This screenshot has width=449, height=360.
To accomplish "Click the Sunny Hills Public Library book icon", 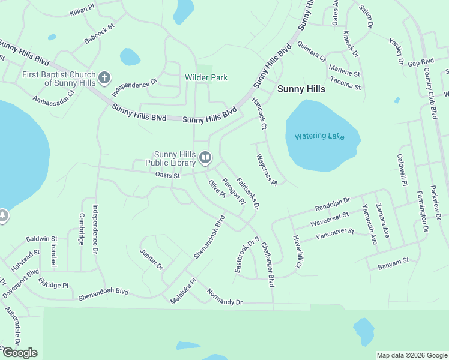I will click(205, 158).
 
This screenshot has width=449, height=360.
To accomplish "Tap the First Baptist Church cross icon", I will click(104, 77).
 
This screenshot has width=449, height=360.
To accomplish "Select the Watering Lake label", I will click(320, 136).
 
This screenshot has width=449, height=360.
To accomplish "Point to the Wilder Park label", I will click(206, 78).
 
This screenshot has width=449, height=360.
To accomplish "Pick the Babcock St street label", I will click(100, 34).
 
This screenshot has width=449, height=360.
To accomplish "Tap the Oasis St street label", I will click(167, 176).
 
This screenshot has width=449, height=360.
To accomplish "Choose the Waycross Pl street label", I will click(265, 169).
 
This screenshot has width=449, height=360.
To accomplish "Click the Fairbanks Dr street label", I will click(247, 193).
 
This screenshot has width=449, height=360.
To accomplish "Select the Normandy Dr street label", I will click(224, 298).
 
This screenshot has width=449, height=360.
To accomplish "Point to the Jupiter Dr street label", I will click(151, 259).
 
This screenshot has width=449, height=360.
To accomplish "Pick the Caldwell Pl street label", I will click(402, 169).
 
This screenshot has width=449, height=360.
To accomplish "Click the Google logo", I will click(20, 353).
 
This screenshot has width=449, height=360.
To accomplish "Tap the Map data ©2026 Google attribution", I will click(412, 355).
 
